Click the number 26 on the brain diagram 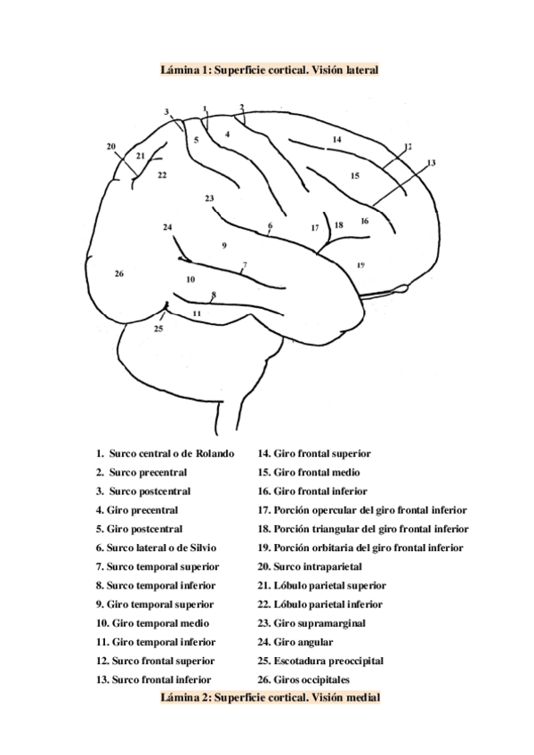118,273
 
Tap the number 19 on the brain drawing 360,264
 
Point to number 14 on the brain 336,140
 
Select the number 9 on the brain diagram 224,245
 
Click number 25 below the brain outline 158,329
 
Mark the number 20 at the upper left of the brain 110,146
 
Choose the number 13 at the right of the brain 432,162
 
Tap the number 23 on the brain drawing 208,198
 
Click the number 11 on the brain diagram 197,314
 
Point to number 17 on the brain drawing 314,228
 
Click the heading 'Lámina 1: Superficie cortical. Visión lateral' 270,69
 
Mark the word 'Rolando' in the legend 213,453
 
